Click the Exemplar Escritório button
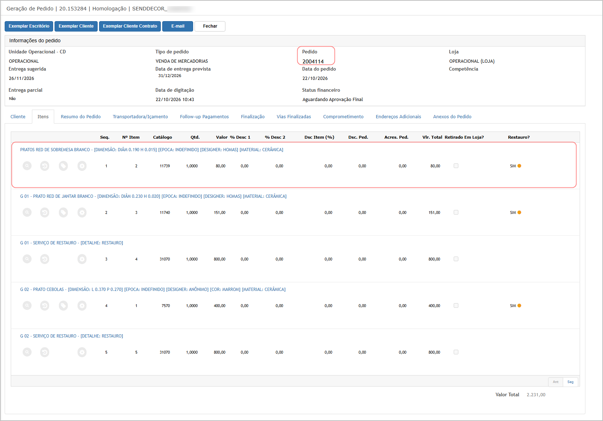point(29,26)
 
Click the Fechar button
point(210,26)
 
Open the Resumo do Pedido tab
point(81,116)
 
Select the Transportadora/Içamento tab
point(140,116)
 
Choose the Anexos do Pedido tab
point(452,116)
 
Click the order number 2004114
point(313,62)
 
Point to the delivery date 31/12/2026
point(169,76)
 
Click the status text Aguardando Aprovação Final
point(332,99)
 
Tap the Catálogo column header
point(162,137)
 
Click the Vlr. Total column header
point(432,137)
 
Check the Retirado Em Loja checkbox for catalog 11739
point(456,166)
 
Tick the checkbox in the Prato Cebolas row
point(456,306)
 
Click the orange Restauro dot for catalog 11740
point(519,212)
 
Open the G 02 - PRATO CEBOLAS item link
point(153,290)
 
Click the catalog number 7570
point(165,306)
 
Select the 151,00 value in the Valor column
point(219,212)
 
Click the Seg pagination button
point(570,382)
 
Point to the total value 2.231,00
point(536,395)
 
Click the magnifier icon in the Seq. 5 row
point(27,352)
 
